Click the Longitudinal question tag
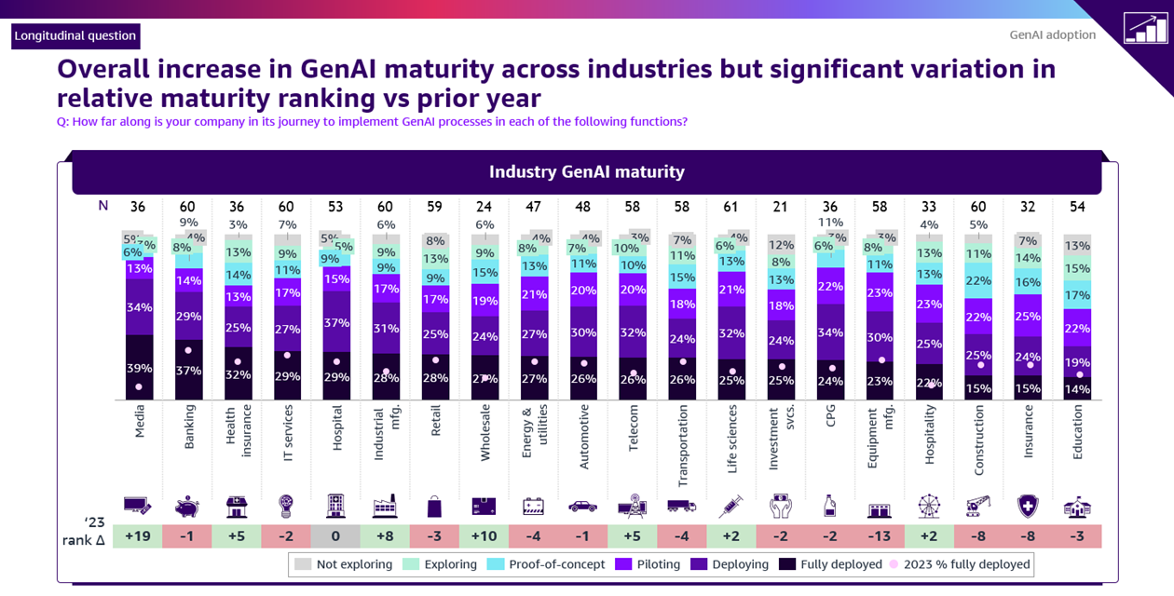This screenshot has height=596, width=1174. [75, 36]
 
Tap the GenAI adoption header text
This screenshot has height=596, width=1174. [1053, 35]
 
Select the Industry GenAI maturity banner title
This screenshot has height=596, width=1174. [587, 172]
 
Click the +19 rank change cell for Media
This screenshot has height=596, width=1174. [137, 537]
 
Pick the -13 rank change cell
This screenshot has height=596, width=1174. [880, 537]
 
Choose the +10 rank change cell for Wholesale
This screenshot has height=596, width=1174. [484, 537]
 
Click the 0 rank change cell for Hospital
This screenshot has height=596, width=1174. [335, 537]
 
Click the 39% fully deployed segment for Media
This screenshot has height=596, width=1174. [140, 368]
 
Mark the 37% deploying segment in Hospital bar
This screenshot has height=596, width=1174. [336, 322]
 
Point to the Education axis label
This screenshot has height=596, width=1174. [1078, 429]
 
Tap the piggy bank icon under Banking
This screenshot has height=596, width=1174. [187, 507]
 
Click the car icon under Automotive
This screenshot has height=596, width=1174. [583, 507]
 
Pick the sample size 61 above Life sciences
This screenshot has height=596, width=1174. [731, 207]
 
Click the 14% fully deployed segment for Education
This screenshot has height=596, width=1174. [1077, 389]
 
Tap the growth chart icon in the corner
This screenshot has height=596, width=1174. [1145, 28]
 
